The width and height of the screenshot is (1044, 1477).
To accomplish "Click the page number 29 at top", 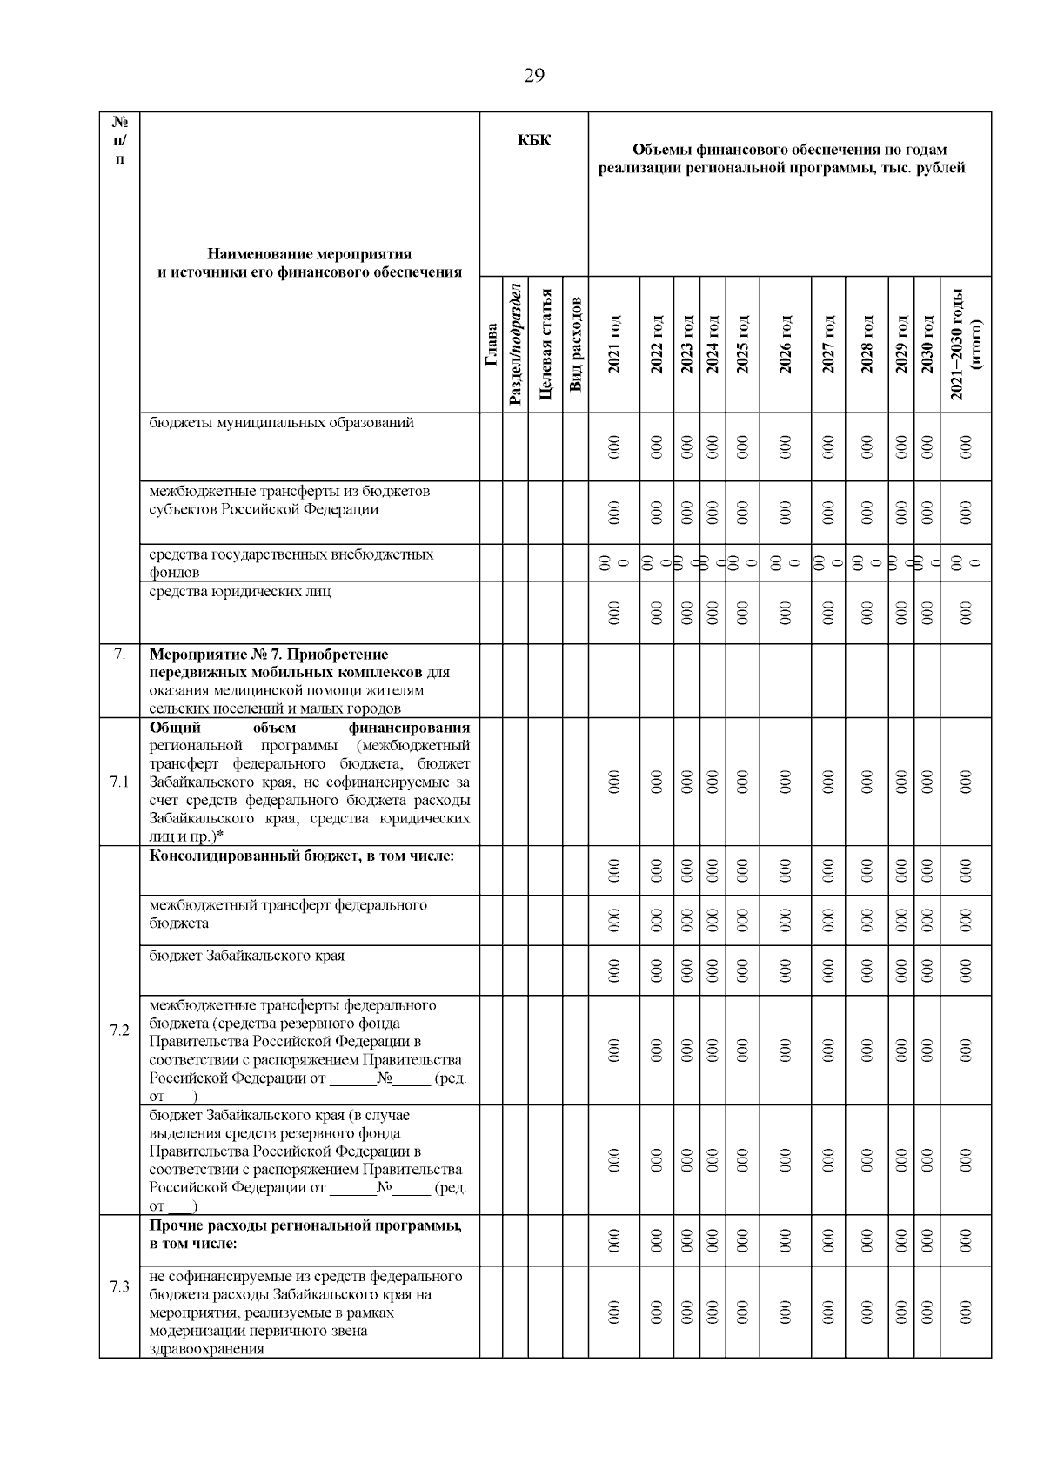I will [533, 76].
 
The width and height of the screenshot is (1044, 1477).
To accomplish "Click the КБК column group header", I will [533, 140].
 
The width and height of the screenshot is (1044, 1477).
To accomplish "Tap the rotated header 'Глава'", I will [492, 345].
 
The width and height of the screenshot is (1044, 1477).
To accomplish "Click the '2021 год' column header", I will [614, 345].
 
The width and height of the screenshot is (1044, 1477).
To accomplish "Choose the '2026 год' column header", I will [785, 345].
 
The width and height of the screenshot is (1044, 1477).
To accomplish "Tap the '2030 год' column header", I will [927, 345].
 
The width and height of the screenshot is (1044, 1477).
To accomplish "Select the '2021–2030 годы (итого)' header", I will [966, 345].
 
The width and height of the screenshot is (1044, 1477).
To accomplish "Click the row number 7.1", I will [119, 782].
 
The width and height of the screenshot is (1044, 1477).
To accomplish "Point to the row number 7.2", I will [119, 1031].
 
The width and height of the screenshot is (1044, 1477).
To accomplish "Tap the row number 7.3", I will [119, 1286].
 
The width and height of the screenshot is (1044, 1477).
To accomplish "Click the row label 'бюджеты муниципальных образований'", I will [281, 423].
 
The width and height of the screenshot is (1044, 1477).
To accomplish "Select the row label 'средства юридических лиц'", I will [239, 592].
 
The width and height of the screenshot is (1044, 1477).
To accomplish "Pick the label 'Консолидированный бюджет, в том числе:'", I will [301, 856].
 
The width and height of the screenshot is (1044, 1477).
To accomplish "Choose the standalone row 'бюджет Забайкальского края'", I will [246, 956].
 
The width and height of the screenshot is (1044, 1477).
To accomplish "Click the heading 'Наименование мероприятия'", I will [309, 254].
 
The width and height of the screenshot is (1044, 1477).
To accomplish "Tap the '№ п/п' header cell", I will [119, 140].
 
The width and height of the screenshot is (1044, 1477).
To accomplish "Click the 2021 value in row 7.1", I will [614, 782].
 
